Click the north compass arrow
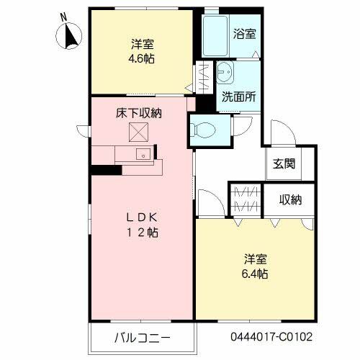point(71,35)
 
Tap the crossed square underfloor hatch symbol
point(138,132)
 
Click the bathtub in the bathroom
point(216,35)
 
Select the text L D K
point(142,217)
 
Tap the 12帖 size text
point(142,233)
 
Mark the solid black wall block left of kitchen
point(104,170)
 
